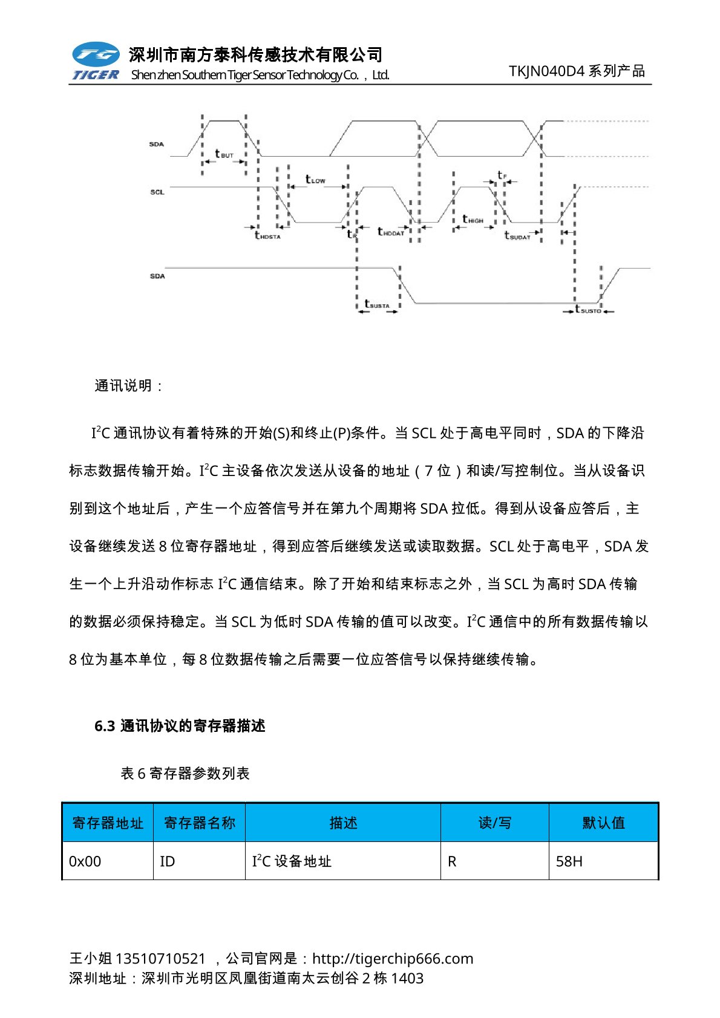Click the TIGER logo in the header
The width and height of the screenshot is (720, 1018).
[x=96, y=61]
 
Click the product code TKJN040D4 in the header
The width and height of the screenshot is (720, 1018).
[x=546, y=71]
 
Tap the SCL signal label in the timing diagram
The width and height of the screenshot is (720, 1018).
[x=157, y=192]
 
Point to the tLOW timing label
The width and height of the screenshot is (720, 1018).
[x=315, y=180]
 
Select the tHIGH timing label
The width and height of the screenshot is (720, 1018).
[x=473, y=220]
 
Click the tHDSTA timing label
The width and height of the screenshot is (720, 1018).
[x=267, y=236]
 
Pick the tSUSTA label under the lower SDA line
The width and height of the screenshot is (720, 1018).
[x=377, y=305]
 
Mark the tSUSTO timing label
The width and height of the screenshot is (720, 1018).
[x=587, y=310]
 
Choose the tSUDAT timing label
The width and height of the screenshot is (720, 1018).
[x=517, y=236]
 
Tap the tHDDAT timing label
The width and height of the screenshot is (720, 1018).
[x=390, y=232]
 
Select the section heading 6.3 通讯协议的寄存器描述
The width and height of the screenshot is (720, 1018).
[x=180, y=726]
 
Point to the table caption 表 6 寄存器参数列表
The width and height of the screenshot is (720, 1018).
[x=185, y=773]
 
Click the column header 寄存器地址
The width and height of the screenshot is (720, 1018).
[x=108, y=823]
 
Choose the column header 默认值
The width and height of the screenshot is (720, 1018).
[x=603, y=823]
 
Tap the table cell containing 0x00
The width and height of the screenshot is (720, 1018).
[x=85, y=861]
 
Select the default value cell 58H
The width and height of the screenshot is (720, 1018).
[x=569, y=861]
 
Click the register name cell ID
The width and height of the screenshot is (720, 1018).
[x=168, y=861]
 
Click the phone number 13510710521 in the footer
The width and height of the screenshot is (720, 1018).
[x=160, y=958]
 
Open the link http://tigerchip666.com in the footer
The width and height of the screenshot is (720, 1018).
[x=393, y=958]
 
